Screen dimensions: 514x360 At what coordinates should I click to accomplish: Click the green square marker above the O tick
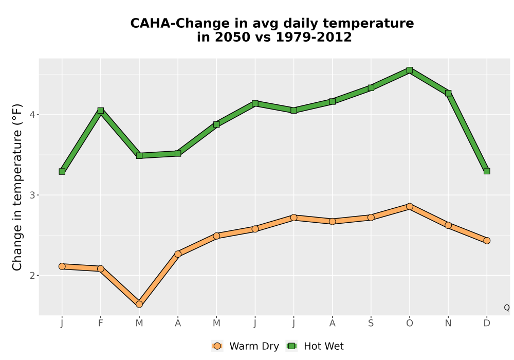pos(410,70)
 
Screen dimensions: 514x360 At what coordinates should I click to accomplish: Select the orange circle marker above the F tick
pos(101,268)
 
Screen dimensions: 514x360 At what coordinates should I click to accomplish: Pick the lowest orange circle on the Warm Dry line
pos(139,304)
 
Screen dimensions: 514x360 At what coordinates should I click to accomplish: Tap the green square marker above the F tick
pos(101,111)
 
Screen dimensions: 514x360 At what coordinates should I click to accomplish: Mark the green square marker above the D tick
pos(487,171)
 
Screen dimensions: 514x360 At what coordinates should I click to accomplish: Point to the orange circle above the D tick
pos(487,241)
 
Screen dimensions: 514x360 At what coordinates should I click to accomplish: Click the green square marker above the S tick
pos(371,88)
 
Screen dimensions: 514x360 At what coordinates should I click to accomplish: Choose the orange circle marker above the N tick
pos(448,225)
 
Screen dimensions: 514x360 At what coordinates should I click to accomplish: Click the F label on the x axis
pos(101,323)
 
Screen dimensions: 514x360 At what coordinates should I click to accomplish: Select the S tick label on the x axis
pos(371,323)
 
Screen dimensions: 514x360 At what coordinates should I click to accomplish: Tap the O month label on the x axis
pos(410,323)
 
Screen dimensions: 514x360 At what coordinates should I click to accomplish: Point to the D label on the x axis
pos(487,323)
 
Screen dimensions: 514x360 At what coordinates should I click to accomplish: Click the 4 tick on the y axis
pos(32,115)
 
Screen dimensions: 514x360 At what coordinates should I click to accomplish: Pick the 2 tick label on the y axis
pos(32,276)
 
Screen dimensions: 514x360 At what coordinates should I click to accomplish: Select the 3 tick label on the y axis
pos(32,195)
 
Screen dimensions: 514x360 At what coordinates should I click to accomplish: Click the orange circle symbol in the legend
pos(217,346)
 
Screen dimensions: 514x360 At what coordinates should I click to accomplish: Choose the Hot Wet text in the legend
pos(323,346)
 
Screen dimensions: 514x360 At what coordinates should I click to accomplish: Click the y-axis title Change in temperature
pos(17,187)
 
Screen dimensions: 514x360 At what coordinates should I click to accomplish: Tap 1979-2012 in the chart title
pos(314,37)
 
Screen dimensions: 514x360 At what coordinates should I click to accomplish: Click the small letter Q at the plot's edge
pos(507,308)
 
